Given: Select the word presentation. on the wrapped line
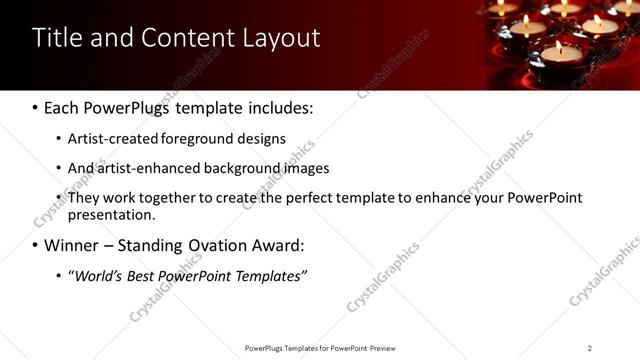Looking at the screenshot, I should point(111,214).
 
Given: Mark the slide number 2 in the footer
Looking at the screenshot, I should point(589,348).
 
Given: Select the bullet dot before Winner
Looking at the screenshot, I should point(36,245).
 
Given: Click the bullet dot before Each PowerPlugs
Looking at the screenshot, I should point(36,107).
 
